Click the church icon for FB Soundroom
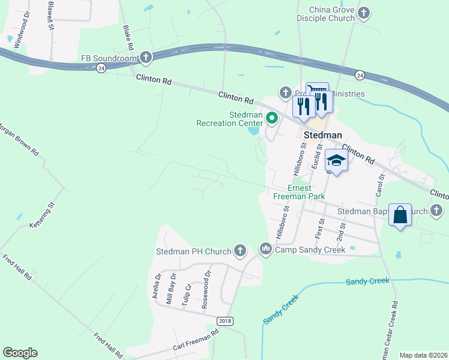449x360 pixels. pos(145,58)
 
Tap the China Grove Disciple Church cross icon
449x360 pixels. pos(363,13)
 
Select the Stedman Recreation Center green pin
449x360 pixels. pos(271,118)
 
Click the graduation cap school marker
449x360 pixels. pos(336,160)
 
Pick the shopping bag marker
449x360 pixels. pos(400,214)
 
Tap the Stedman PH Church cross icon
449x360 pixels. pos(240,251)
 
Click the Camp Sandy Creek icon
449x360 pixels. pos(266,248)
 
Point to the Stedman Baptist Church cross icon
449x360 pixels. pos(436,211)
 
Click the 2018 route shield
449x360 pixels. pos(224,322)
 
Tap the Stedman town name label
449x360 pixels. pos(322,135)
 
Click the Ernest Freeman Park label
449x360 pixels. pos(299,192)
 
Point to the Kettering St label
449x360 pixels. pos(43,215)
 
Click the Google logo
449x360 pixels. pos(20,353)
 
